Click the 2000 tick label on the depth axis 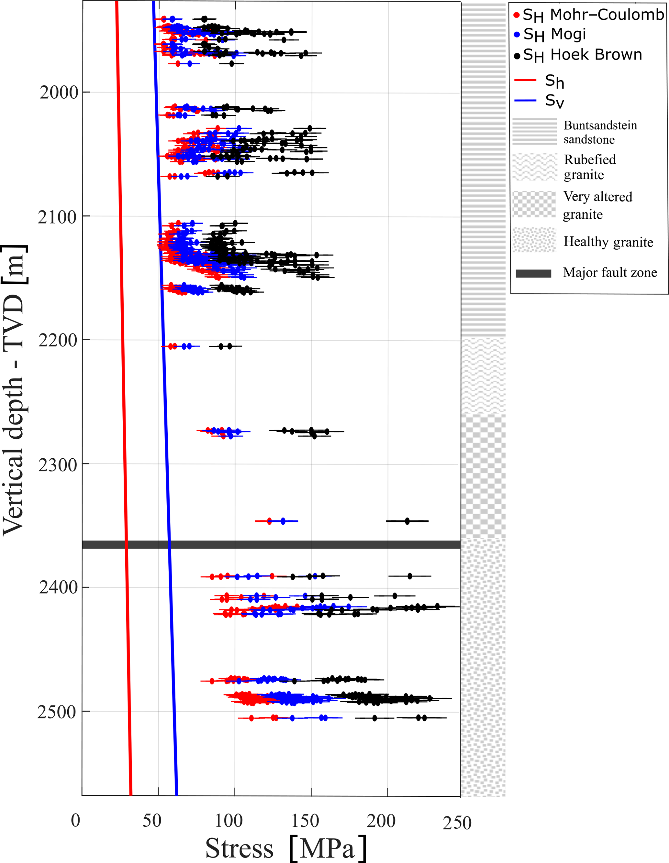click(59, 93)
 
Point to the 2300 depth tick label click(58, 465)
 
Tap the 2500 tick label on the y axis click(57, 712)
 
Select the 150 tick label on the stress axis click(305, 821)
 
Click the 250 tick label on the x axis click(457, 823)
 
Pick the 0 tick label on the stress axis click(75, 821)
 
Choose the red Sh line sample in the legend click(525, 80)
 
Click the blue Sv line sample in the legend click(525, 101)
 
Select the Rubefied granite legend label click(589, 167)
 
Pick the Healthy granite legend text click(608, 241)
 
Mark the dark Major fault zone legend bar click(533, 273)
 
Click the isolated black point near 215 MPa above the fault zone click(407, 521)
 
